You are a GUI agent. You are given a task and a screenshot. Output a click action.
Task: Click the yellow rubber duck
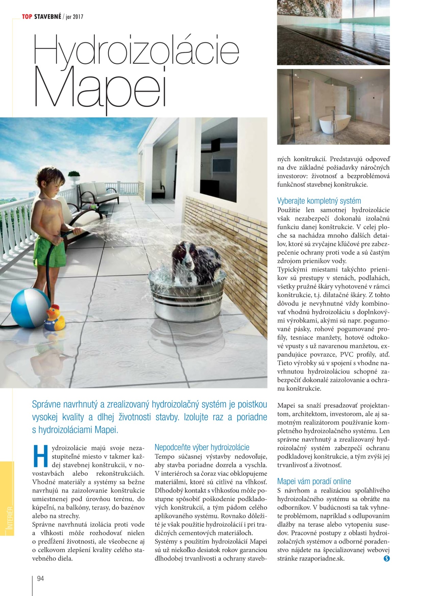click(54, 318)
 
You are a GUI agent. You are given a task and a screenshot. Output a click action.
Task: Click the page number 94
click(40, 578)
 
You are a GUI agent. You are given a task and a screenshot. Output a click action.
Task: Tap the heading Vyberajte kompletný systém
click(319, 201)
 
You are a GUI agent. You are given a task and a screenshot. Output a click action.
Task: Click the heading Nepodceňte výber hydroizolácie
click(202, 447)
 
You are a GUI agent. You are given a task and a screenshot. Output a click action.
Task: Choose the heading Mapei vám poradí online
click(314, 481)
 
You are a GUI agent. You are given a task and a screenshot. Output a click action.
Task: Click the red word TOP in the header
click(27, 17)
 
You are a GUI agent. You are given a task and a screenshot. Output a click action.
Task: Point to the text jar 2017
click(75, 17)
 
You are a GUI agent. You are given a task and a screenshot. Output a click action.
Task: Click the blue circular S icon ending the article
click(386, 559)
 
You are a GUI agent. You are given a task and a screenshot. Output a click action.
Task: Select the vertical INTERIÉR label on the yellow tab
click(10, 518)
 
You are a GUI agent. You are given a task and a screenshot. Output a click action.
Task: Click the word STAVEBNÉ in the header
click(47, 17)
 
